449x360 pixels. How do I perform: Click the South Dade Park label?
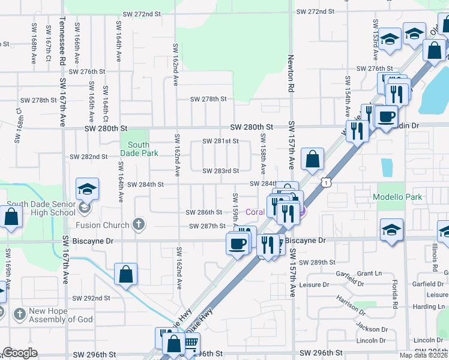click(139, 149)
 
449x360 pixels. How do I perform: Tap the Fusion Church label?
click(103, 225)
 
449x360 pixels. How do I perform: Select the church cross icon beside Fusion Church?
click(139, 225)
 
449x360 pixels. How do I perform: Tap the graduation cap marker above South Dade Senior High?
click(87, 189)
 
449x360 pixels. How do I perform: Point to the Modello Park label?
click(397, 197)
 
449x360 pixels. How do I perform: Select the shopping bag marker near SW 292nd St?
click(125, 275)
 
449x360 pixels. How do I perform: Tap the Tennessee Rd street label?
click(62, 41)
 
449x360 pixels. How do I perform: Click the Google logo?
click(20, 353)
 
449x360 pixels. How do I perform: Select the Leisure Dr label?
click(314, 284)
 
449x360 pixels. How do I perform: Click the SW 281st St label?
click(220, 142)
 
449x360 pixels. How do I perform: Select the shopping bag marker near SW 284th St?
click(313, 160)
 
